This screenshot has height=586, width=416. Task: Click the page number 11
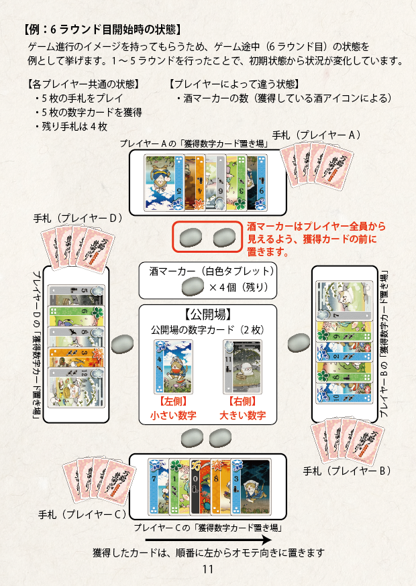207,569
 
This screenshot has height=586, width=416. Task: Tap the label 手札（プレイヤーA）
317,135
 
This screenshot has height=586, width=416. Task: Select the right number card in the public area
242,367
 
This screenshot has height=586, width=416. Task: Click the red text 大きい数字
242,416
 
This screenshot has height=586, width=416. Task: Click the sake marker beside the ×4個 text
193,286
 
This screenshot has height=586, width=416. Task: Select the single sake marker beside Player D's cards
123,343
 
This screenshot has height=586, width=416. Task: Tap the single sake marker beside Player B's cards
296,343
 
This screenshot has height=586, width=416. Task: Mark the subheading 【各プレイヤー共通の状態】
81,84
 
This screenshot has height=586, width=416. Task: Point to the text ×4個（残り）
238,287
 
